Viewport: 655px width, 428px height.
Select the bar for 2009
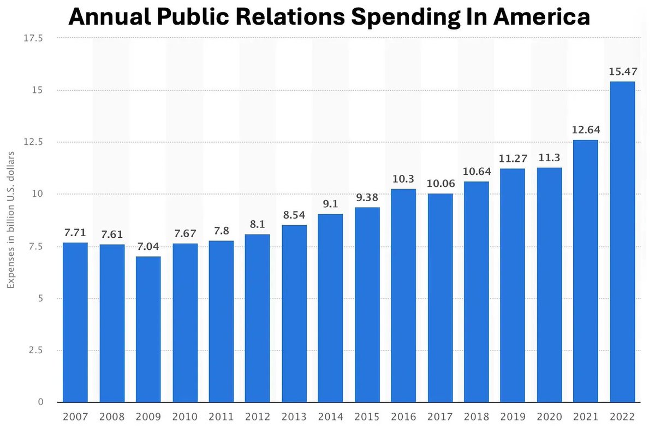(148, 330)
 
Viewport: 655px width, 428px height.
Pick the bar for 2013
(294, 314)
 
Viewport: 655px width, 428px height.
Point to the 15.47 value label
(622, 72)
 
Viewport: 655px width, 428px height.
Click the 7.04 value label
(148, 247)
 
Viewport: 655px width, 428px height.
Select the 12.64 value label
(586, 130)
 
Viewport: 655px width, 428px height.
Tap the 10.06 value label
(440, 184)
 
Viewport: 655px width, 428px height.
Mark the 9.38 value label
(367, 197)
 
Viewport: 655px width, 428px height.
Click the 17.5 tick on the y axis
(34, 38)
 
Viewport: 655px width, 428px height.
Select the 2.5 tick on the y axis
(37, 350)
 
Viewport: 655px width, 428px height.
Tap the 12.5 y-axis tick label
(34, 142)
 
